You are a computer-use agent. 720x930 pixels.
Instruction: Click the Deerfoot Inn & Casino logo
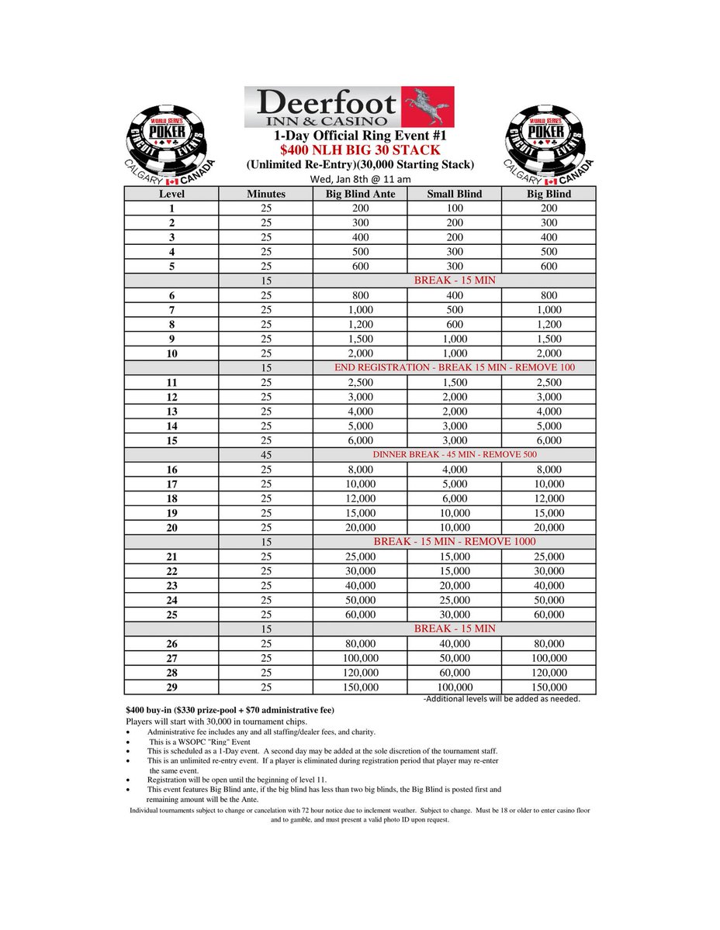pos(349,107)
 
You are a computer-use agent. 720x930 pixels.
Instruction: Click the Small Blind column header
pos(455,194)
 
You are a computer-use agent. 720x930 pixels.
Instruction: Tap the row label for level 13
pos(171,412)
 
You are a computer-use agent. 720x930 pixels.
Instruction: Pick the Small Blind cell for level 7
pos(455,310)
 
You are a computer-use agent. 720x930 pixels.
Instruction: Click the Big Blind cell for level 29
pos(549,687)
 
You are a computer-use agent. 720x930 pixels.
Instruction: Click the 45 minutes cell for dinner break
pos(266,455)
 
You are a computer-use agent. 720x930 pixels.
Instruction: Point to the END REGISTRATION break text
pos(455,367)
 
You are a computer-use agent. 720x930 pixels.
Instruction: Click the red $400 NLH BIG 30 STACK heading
pos(360,150)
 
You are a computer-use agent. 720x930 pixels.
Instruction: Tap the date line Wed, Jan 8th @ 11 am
pos(360,178)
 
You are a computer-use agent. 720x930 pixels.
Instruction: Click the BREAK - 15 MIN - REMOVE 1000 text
pos(455,542)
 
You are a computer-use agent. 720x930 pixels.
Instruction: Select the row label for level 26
pos(171,643)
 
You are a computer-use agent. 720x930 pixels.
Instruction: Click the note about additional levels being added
pos(502,698)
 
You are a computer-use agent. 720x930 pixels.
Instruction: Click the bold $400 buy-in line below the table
pos(230,710)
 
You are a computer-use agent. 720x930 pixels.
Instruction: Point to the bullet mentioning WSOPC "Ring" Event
pos(199,742)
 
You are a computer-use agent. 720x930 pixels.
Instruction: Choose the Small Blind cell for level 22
pos(455,571)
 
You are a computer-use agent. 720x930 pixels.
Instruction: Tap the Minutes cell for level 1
pos(266,208)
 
